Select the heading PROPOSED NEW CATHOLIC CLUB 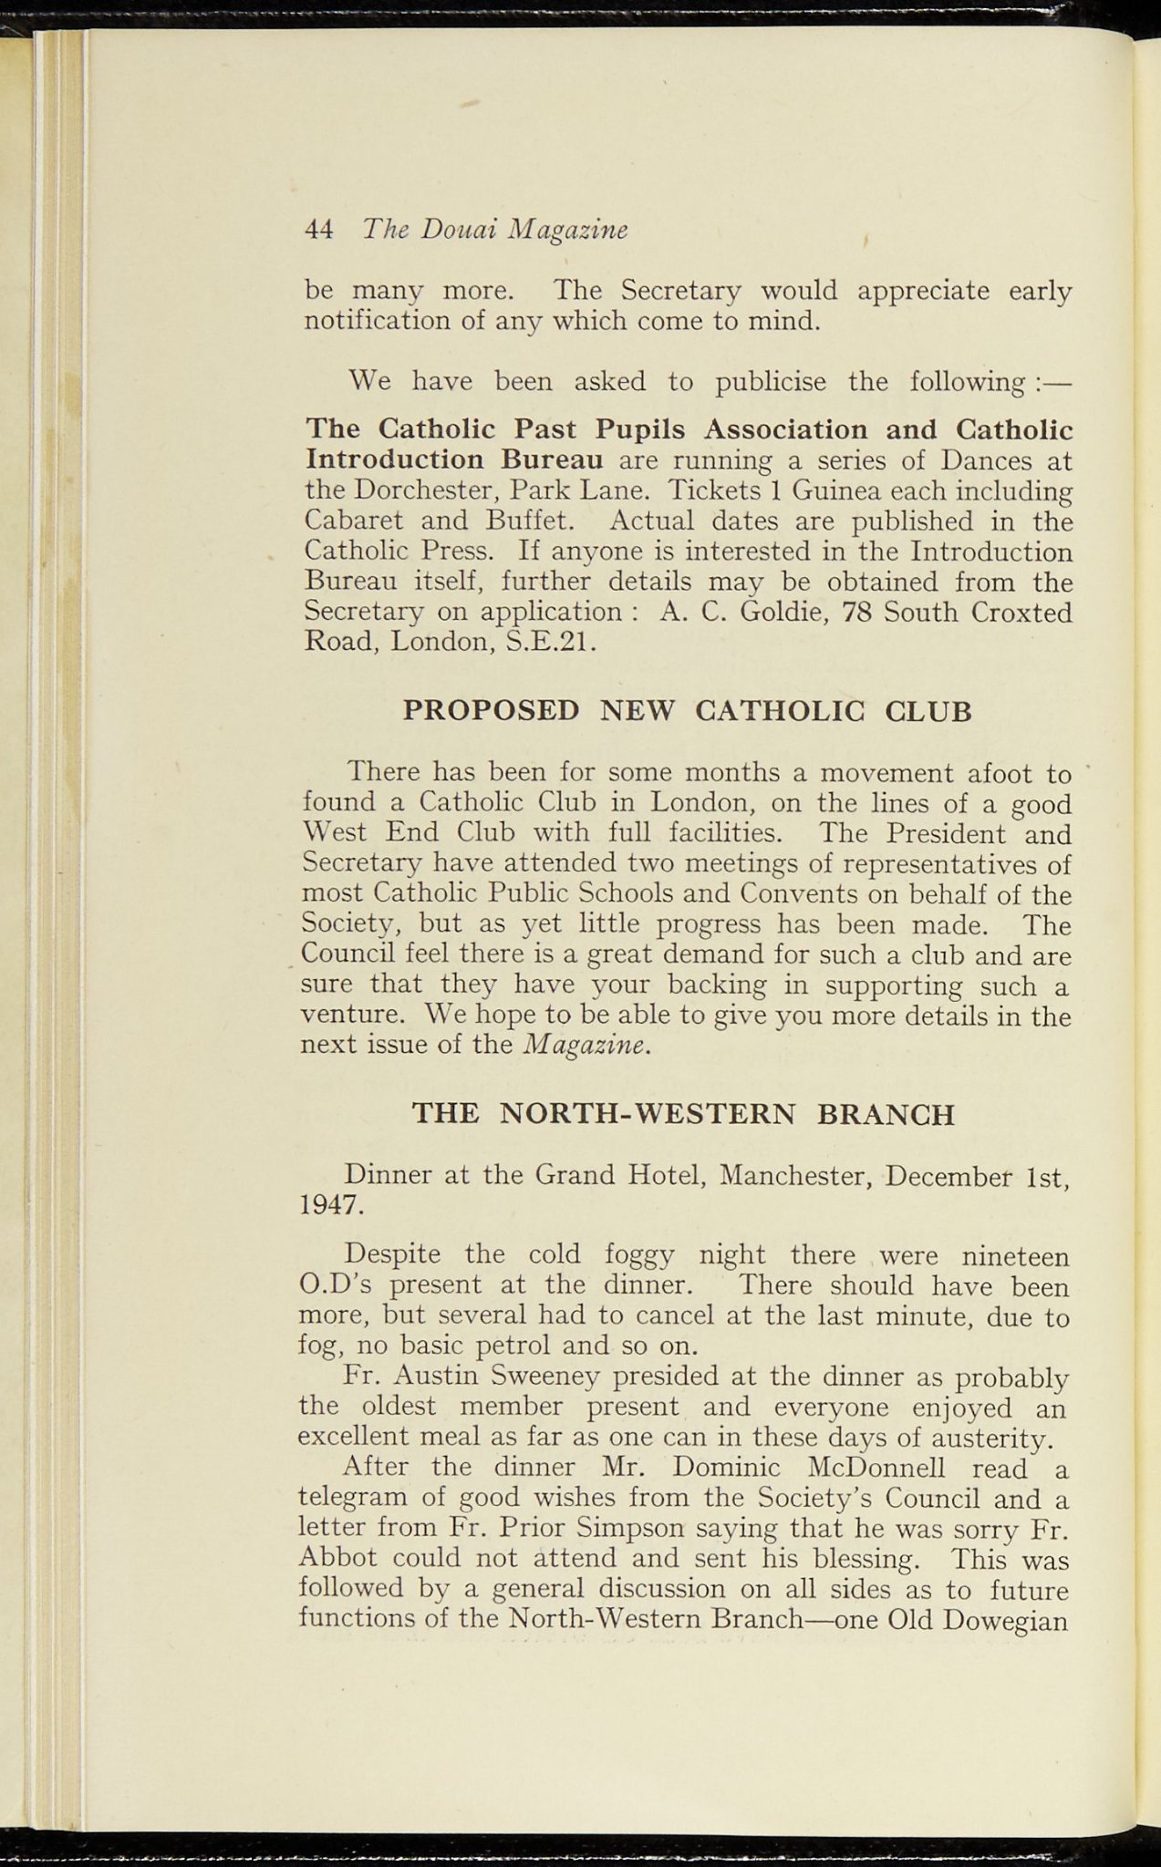[x=687, y=710]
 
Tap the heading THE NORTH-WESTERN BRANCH [x=683, y=1113]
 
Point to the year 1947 [x=330, y=1205]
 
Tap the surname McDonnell [x=877, y=1469]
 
